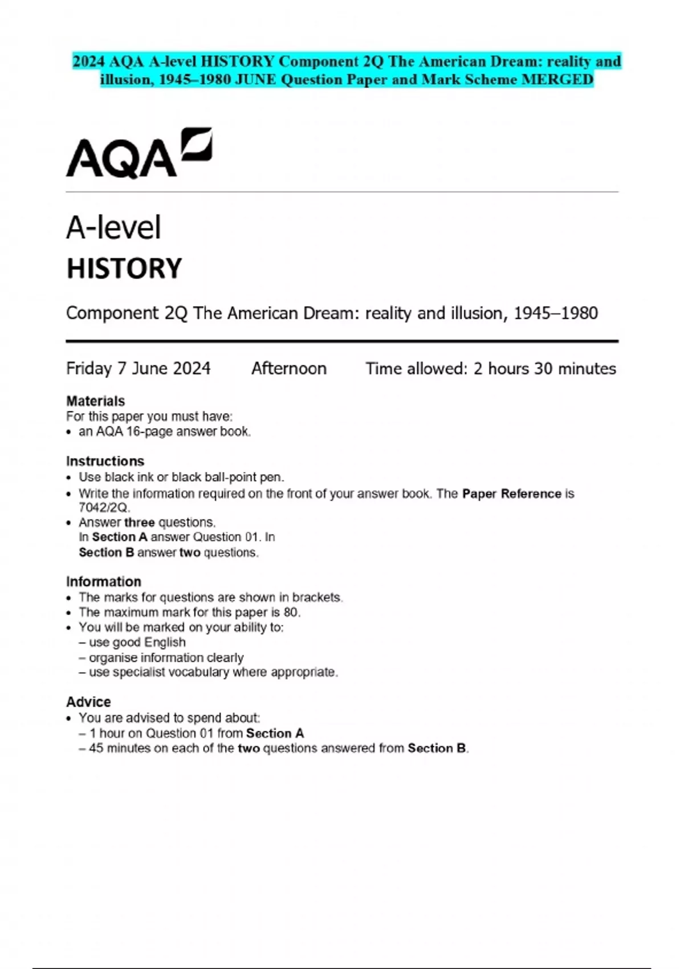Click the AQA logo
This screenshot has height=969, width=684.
point(139,153)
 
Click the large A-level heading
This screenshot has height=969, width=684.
point(113,227)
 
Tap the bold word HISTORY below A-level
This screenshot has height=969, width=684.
point(124,268)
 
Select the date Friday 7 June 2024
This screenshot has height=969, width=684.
point(138,369)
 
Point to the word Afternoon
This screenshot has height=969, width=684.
point(289,369)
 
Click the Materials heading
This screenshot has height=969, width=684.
point(95,401)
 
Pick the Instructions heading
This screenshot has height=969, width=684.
point(105,461)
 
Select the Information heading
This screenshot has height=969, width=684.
point(103,581)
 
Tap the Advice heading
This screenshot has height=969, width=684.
point(88,702)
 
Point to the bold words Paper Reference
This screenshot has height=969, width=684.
point(511,494)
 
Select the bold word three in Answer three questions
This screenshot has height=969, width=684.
point(139,522)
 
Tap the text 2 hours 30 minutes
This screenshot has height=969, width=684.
point(544,369)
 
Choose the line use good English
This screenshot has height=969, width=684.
point(137,642)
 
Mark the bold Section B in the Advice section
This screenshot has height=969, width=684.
point(437,748)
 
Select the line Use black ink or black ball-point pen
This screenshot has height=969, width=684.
point(181,477)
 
